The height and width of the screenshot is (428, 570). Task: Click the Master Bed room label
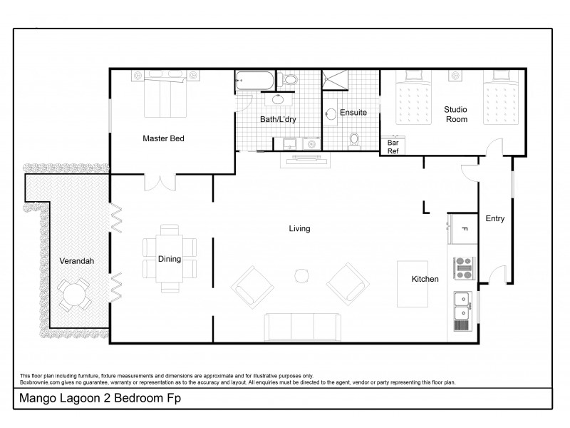[x=163, y=138]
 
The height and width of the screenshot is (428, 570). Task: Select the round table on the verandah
[x=73, y=294]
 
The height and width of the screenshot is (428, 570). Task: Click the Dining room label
[x=170, y=260]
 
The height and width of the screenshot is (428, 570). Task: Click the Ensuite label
[x=353, y=113]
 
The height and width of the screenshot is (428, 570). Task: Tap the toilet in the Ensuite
[x=354, y=140]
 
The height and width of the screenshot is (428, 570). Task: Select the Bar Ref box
[x=393, y=146]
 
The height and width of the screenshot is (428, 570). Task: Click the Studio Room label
[x=455, y=114]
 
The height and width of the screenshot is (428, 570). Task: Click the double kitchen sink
[x=462, y=305]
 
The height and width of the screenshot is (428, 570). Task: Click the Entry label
[x=494, y=219]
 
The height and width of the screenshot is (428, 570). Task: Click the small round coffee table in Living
[x=301, y=275]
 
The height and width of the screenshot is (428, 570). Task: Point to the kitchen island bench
[x=412, y=283]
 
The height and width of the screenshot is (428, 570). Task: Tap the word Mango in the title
[x=36, y=398]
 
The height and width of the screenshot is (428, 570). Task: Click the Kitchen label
[x=425, y=279]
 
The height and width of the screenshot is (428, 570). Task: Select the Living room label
[x=299, y=228]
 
